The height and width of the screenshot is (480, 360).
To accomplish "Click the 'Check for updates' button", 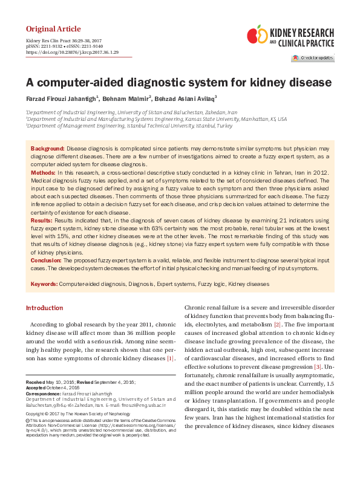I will pyautogui.click(x=312, y=58).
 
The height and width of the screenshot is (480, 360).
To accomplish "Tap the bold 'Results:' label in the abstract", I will pyautogui.click(x=42, y=222).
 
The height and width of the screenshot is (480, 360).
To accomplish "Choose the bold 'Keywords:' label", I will pyautogui.click(x=44, y=284).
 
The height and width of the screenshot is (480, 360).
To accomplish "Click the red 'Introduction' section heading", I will pyautogui.click(x=44, y=308).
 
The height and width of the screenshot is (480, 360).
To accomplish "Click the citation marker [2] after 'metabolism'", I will pyautogui.click(x=277, y=325).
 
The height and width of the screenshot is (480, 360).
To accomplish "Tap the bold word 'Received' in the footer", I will pyautogui.click(x=35, y=383).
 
